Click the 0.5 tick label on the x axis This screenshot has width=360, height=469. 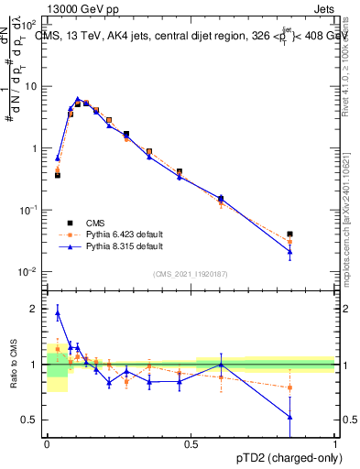pos(191,444)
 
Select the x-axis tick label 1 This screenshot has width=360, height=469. pos(334,444)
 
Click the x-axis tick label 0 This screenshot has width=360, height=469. pos(47,444)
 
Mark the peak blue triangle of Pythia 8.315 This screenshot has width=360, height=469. pos(78,99)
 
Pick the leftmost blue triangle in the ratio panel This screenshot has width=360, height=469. pos(58,312)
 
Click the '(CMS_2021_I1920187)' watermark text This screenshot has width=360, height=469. pos(191,274)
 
